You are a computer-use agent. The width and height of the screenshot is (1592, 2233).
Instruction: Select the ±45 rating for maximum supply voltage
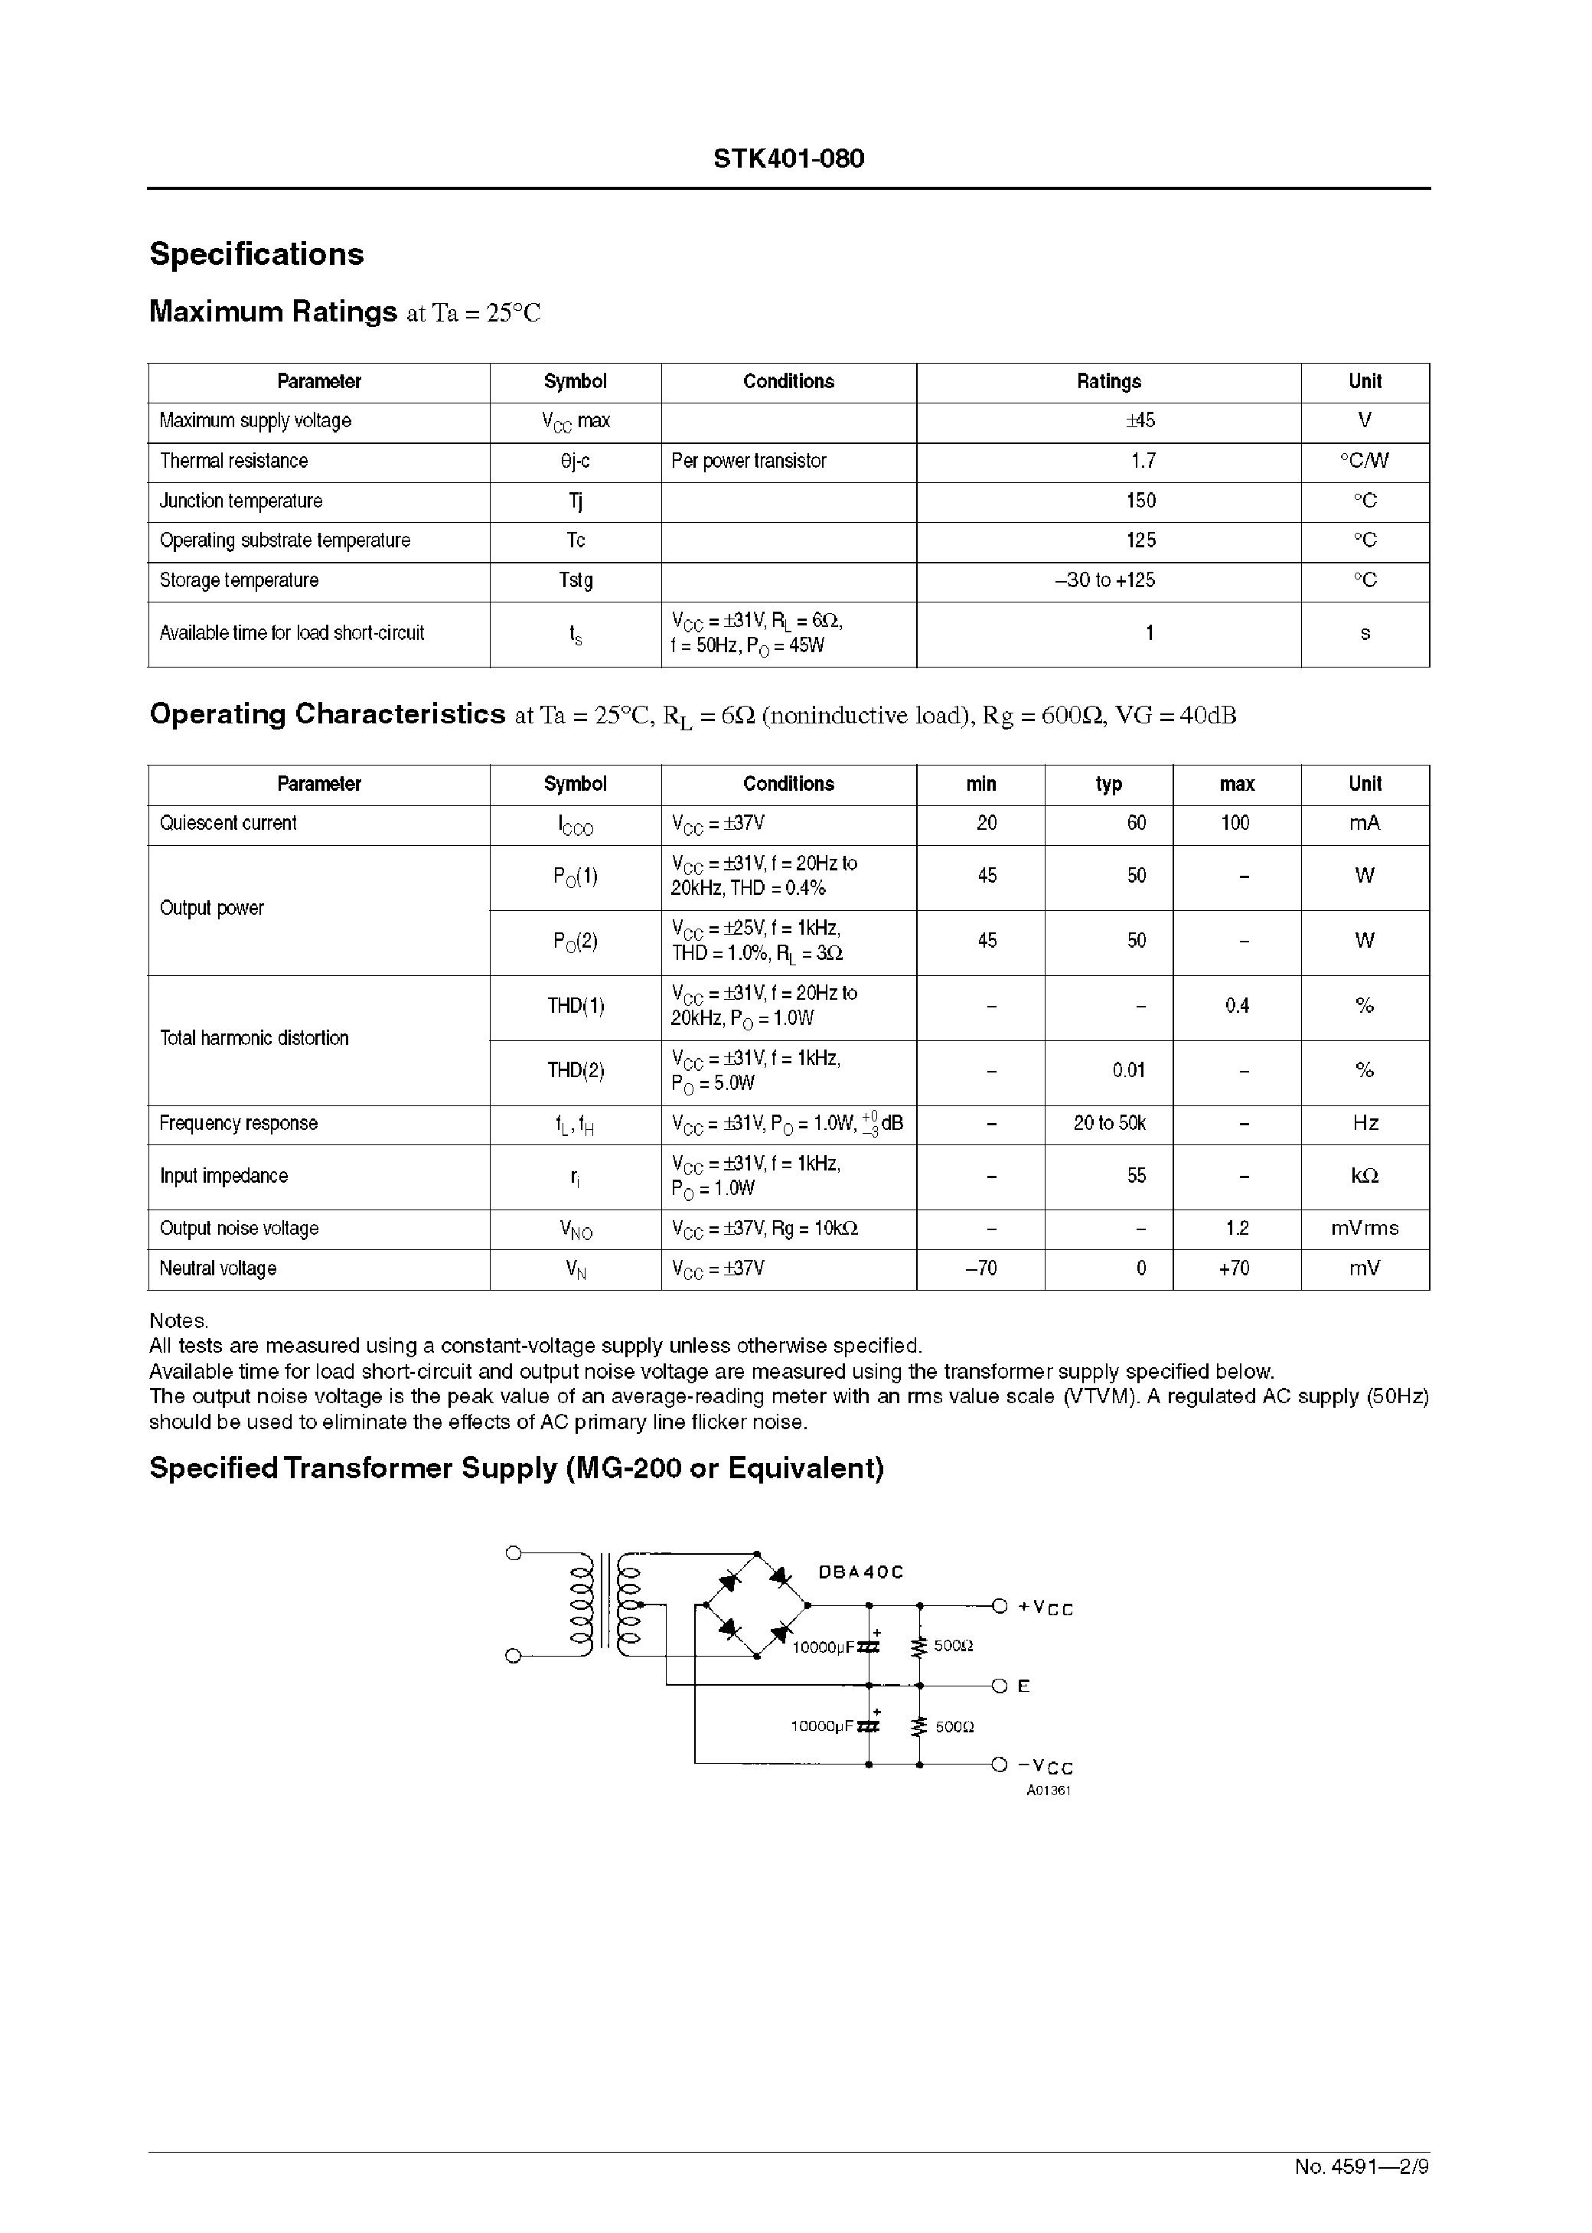click(x=1140, y=420)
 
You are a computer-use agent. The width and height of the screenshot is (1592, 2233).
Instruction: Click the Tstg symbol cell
click(x=576, y=580)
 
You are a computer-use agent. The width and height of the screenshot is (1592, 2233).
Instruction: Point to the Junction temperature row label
click(x=241, y=501)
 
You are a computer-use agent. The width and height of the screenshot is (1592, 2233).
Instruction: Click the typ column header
click(x=1109, y=784)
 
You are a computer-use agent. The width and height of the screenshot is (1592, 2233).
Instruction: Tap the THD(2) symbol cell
click(x=576, y=1070)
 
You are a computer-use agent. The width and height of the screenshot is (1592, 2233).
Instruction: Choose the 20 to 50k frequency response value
click(x=1109, y=1123)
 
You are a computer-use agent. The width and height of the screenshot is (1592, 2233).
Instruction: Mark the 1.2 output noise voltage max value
click(x=1236, y=1228)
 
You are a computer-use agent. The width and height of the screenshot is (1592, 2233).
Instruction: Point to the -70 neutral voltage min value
click(x=980, y=1268)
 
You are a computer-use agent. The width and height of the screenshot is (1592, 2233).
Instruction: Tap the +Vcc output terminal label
click(x=1045, y=1608)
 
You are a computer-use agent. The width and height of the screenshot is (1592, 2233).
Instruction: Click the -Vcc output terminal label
click(x=1045, y=1766)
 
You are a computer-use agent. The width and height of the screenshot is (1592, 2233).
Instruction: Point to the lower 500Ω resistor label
click(x=954, y=1727)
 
